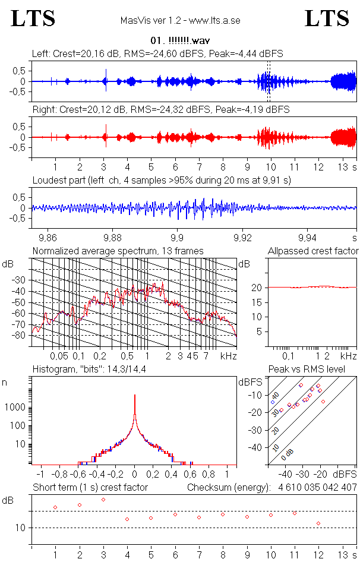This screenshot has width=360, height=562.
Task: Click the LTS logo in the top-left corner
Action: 33,18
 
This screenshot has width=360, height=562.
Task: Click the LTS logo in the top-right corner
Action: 327,18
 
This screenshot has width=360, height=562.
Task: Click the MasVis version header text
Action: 180,20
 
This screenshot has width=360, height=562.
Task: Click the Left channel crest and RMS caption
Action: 157,53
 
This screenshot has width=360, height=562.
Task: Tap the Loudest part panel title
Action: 161,179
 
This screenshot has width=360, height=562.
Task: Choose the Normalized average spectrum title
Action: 118,251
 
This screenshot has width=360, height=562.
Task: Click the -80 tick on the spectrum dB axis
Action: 20,335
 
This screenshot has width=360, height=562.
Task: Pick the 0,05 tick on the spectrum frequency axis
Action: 59,356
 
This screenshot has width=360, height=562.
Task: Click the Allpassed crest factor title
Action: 313,251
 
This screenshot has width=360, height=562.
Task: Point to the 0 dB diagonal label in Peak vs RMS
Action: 288,454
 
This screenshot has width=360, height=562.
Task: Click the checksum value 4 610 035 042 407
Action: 318,487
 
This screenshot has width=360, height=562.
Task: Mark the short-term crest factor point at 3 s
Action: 103,499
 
